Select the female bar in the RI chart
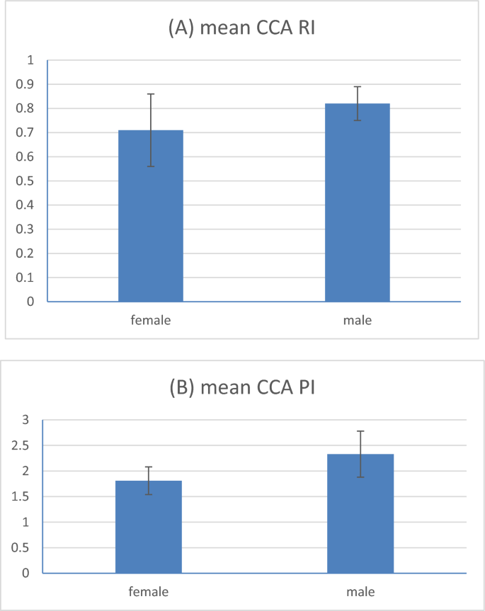(x=150, y=216)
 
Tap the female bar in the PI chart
(x=149, y=527)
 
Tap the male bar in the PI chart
(x=360, y=513)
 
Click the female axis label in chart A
(x=150, y=320)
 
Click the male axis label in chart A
(x=357, y=320)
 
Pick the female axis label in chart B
(x=149, y=591)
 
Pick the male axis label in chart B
(x=360, y=591)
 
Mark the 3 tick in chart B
(x=28, y=420)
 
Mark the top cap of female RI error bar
(x=150, y=93)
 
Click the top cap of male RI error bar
(x=357, y=86)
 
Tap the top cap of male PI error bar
(x=360, y=430)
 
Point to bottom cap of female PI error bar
(x=149, y=494)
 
